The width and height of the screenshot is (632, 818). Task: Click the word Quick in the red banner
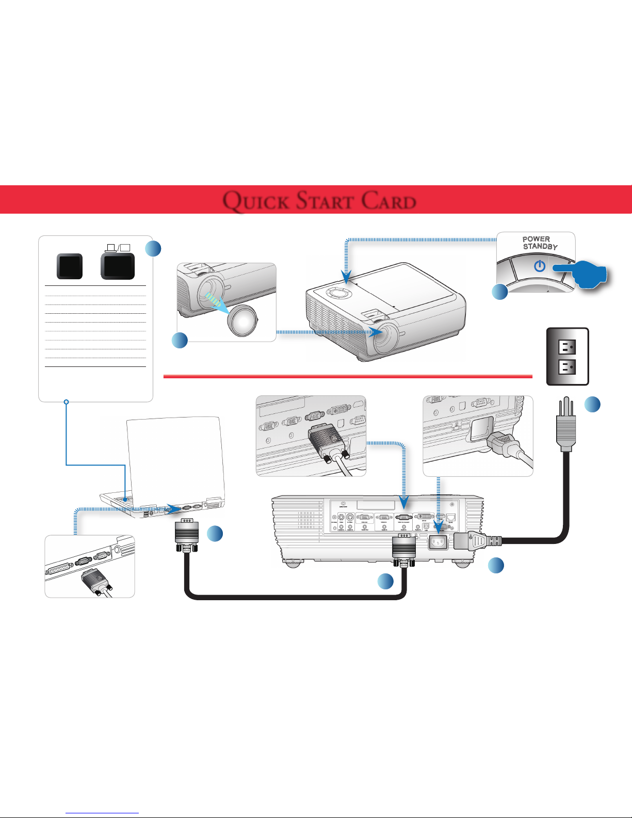pos(255,201)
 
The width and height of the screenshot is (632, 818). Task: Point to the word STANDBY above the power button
pos(540,247)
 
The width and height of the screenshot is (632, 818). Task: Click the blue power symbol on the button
pos(540,266)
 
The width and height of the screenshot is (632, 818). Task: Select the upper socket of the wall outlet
pos(568,347)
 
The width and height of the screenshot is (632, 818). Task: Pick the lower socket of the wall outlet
pos(568,367)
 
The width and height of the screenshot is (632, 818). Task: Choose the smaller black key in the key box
pos(69,266)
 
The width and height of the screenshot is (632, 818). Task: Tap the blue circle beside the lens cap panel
pos(180,341)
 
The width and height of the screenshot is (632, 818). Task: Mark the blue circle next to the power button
pos(499,292)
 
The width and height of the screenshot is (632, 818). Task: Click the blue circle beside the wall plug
pos(593,405)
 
